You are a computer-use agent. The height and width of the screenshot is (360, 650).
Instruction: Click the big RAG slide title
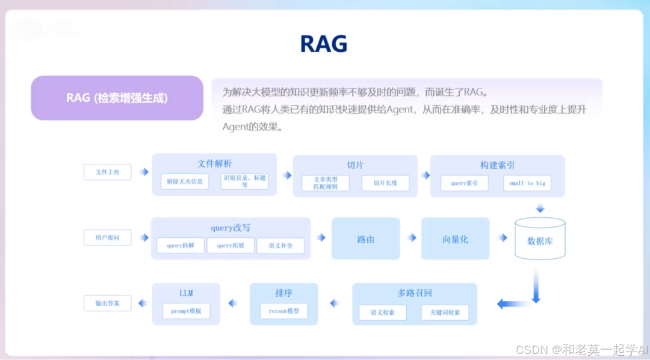(x=324, y=44)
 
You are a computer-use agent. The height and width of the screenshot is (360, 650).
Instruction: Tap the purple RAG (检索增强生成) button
(x=117, y=98)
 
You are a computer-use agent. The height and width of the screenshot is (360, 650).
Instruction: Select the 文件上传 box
(x=107, y=172)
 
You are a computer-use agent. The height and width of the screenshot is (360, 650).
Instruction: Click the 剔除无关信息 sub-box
(x=185, y=181)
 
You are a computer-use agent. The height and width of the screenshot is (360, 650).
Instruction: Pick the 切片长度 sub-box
(x=385, y=183)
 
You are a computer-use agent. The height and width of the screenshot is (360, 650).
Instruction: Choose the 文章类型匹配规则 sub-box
(x=326, y=183)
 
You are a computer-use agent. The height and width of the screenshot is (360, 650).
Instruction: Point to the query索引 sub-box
(x=464, y=183)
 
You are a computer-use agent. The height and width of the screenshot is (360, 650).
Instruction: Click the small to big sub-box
(x=527, y=183)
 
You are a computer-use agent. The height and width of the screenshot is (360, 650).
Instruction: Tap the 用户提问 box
(x=107, y=238)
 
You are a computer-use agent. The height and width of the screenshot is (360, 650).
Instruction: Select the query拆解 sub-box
(x=181, y=246)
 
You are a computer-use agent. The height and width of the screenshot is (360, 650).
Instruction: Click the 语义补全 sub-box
(x=280, y=246)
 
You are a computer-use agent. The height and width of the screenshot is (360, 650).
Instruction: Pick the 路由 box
(x=366, y=239)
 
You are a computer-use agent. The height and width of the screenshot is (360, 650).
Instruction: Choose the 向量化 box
(x=456, y=239)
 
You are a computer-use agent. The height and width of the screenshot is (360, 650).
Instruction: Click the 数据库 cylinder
(x=540, y=239)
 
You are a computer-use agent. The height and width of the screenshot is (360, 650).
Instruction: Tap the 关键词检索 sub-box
(x=445, y=312)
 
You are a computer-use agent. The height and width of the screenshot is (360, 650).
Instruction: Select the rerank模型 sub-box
(x=284, y=311)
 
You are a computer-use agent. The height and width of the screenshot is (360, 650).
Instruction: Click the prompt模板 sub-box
(x=186, y=311)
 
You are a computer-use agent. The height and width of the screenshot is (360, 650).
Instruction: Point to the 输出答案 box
(x=107, y=303)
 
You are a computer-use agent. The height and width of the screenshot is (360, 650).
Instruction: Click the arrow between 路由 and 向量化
(x=411, y=238)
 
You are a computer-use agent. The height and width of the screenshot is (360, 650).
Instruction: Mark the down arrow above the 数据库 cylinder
(x=540, y=208)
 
